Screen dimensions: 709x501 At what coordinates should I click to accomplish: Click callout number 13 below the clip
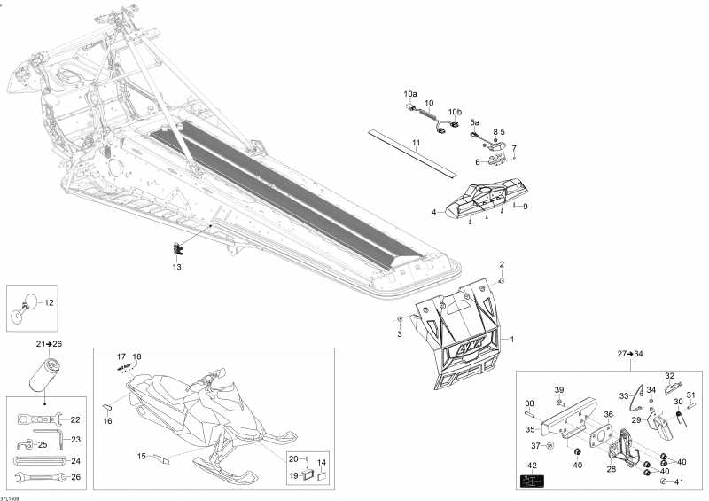(x=176, y=267)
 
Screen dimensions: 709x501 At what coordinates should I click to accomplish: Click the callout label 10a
(x=409, y=93)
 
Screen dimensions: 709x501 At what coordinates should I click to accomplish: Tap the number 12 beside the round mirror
(x=49, y=302)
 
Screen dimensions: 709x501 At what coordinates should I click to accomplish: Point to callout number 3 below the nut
(x=399, y=334)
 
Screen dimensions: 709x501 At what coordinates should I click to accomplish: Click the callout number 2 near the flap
(x=501, y=264)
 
